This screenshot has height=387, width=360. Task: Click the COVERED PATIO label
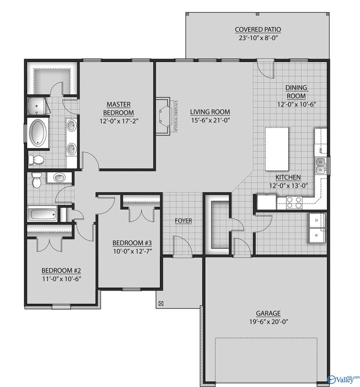pos(258,29)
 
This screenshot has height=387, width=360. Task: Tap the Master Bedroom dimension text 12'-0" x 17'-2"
pos(117,120)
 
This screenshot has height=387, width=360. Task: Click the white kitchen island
pos(277,148)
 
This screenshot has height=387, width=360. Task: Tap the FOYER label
pos(183,220)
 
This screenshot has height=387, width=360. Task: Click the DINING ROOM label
pos(296,91)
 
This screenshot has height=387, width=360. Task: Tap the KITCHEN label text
pos(287,177)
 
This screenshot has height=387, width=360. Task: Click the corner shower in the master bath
pos(36,105)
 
